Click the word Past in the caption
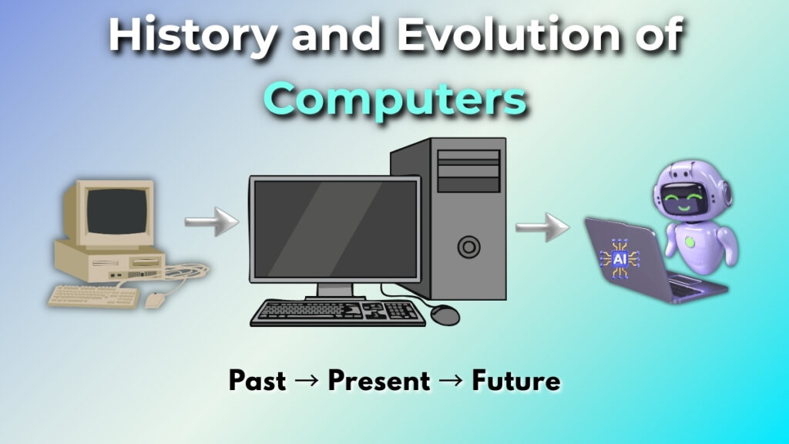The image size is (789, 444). click(x=257, y=381)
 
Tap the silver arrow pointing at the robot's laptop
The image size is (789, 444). click(x=542, y=228)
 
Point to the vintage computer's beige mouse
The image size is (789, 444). click(x=155, y=299)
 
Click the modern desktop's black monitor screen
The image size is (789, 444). click(x=334, y=230)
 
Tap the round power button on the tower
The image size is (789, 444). click(x=468, y=247)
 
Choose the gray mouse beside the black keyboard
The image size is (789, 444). click(x=445, y=314)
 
